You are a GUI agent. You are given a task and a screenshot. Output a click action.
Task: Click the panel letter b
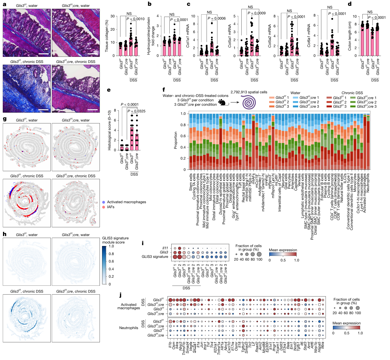(x=149, y=4)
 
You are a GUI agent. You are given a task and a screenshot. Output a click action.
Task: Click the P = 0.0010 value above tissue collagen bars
(x=135, y=19)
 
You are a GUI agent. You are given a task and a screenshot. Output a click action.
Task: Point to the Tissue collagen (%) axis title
(x=107, y=36)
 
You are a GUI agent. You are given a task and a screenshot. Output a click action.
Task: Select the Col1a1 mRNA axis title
(x=188, y=36)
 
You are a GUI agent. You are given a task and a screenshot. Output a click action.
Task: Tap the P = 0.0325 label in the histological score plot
(x=136, y=111)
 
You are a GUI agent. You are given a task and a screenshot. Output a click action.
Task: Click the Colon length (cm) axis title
(x=350, y=36)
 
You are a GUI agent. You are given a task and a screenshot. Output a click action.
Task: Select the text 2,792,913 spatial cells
(x=249, y=92)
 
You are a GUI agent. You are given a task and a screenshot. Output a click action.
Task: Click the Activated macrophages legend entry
(x=126, y=202)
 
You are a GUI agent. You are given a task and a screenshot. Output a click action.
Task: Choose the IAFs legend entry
(x=110, y=207)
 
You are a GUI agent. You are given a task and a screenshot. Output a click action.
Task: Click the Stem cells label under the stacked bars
(x=191, y=182)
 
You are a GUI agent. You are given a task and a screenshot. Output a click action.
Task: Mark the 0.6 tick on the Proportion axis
(x=183, y=136)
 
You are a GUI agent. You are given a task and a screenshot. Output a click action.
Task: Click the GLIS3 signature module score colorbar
(x=104, y=265)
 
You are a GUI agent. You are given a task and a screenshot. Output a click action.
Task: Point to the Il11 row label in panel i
(x=165, y=248)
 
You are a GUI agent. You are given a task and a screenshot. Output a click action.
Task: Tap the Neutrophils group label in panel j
(x=129, y=328)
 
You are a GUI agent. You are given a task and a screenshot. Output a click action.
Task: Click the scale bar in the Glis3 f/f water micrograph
(x=44, y=54)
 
